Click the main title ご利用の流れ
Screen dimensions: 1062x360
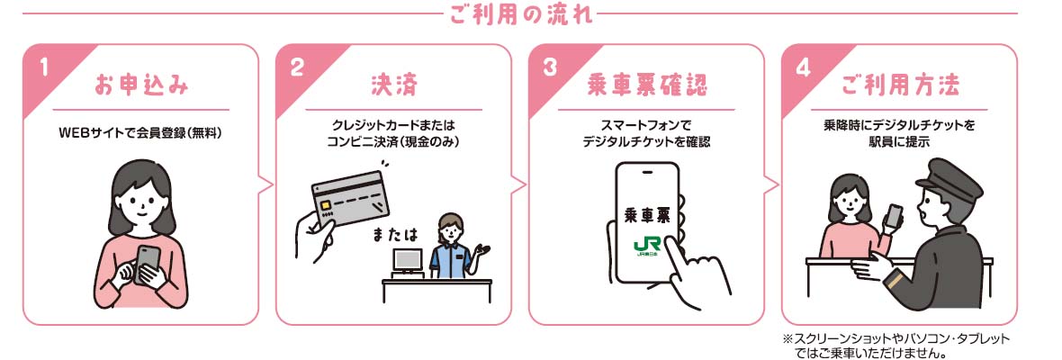[x=520, y=15]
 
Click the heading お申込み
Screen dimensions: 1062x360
[x=141, y=86]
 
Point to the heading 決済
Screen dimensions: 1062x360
[x=393, y=86]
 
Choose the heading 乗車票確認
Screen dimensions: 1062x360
[x=646, y=86]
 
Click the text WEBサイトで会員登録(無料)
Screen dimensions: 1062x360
[x=141, y=133]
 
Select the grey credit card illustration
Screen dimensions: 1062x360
[x=350, y=197]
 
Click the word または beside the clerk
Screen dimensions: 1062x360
[x=395, y=235]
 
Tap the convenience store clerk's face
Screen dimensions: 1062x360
[x=450, y=232]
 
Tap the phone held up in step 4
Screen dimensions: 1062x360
[x=895, y=216]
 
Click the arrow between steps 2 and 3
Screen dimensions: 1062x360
[x=519, y=184]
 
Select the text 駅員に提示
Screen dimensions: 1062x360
[x=899, y=142]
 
